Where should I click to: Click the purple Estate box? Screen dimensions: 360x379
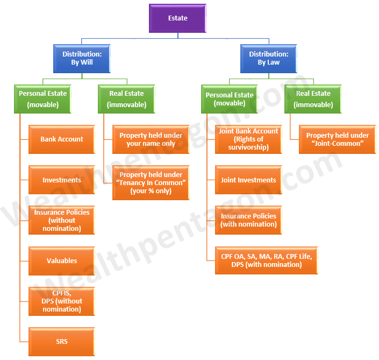pyautogui.click(x=177, y=18)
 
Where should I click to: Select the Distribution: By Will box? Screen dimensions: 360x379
pyautogui.click(x=81, y=58)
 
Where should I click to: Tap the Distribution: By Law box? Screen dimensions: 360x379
pyautogui.click(x=268, y=58)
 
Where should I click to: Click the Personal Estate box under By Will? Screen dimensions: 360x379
pyautogui.click(x=42, y=99)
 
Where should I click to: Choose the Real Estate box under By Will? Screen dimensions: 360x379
pyautogui.click(x=126, y=99)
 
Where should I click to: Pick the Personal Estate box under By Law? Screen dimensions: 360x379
pyautogui.click(x=230, y=99)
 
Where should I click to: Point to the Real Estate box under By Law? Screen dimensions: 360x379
pyautogui.click(x=313, y=99)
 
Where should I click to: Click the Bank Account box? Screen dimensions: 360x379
pyautogui.click(x=62, y=139)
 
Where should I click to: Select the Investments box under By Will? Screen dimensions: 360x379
pyautogui.click(x=62, y=180)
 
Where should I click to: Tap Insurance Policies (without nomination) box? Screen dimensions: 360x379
pyautogui.click(x=62, y=220)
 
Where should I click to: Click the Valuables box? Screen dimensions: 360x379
pyautogui.click(x=62, y=260)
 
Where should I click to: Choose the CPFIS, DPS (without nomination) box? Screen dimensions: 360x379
pyautogui.click(x=62, y=301)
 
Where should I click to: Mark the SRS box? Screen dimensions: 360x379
pyautogui.click(x=62, y=341)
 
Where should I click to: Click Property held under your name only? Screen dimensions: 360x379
pyautogui.click(x=151, y=139)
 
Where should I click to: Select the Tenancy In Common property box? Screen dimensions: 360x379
pyautogui.click(x=151, y=183)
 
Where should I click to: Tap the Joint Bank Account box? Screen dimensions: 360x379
pyautogui.click(x=248, y=139)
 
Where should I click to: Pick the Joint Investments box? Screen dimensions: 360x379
pyautogui.click(x=248, y=180)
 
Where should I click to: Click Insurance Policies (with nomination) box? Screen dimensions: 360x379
pyautogui.click(x=248, y=220)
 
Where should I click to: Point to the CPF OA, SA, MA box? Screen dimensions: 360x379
pyautogui.click(x=266, y=260)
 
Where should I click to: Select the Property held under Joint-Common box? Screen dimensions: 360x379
pyautogui.click(x=337, y=139)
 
